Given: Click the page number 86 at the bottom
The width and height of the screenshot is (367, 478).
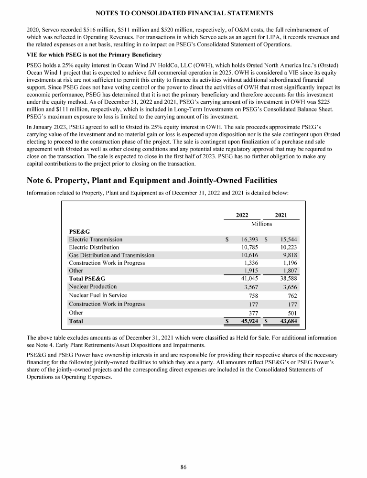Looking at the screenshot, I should pyautogui.click(x=183, y=467).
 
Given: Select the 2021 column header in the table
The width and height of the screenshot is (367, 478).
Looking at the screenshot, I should pyautogui.click(x=281, y=215).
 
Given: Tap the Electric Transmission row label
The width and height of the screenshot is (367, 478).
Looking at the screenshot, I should pyautogui.click(x=96, y=239).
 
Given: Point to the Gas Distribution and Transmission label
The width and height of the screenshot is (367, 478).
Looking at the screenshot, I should pyautogui.click(x=111, y=255).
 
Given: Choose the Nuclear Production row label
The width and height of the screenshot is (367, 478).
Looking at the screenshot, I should pyautogui.click(x=93, y=287).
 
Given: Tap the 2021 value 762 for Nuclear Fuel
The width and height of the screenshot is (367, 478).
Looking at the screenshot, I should pyautogui.click(x=292, y=295).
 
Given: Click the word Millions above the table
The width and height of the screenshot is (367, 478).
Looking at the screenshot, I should pyautogui.click(x=261, y=224).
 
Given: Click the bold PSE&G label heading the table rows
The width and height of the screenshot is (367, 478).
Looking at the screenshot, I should pyautogui.click(x=79, y=231).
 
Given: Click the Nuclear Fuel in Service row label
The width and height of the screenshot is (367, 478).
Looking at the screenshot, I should pyautogui.click(x=98, y=295).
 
